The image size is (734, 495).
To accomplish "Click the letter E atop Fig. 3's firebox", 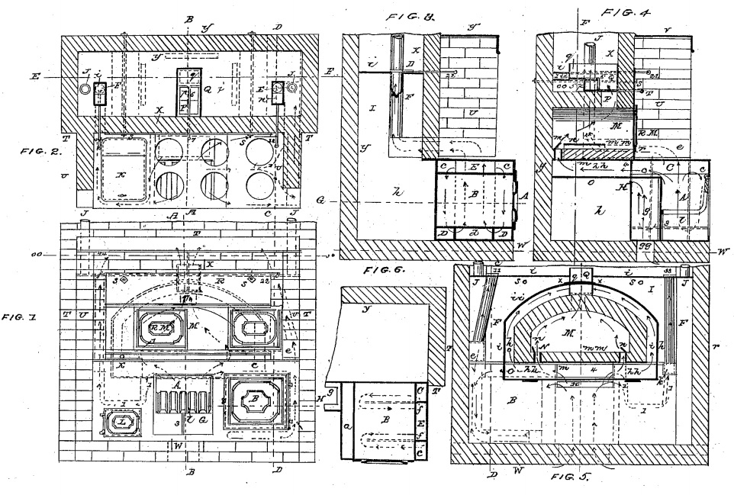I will coord(475,166).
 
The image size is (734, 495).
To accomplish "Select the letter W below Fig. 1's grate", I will coord(178,445).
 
